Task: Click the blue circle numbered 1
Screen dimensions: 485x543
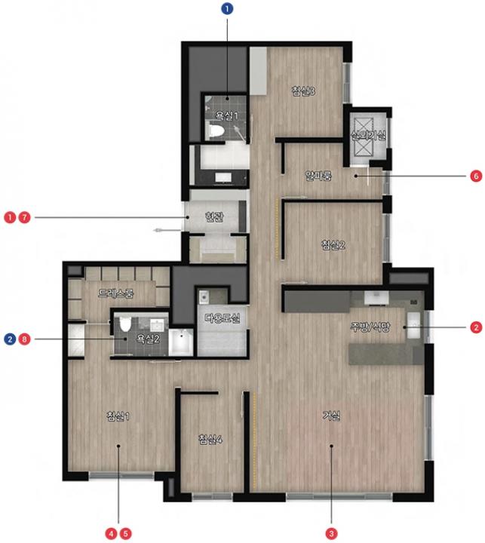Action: pyautogui.click(x=227, y=8)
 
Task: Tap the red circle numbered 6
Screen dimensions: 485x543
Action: pyautogui.click(x=476, y=176)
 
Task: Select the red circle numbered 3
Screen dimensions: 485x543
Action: pyautogui.click(x=331, y=533)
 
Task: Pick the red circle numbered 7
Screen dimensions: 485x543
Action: pyautogui.click(x=24, y=217)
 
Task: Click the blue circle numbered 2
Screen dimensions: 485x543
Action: pyautogui.click(x=10, y=339)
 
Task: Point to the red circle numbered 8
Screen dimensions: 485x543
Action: pyautogui.click(x=24, y=339)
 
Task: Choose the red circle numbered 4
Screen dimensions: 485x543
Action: pyautogui.click(x=111, y=533)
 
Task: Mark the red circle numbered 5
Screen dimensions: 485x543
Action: pyautogui.click(x=125, y=533)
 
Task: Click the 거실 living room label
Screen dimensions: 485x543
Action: pyautogui.click(x=332, y=416)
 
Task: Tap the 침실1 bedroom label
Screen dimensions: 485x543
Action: pyautogui.click(x=118, y=416)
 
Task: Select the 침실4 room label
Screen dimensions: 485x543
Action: pyautogui.click(x=210, y=439)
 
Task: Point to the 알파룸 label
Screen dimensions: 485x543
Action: pyautogui.click(x=318, y=176)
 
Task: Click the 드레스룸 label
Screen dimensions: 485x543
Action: pyautogui.click(x=115, y=293)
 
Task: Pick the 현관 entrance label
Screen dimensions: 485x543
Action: pyautogui.click(x=214, y=217)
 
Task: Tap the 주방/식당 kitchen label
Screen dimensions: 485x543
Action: pyautogui.click(x=370, y=327)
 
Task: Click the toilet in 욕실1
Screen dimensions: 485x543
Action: pyautogui.click(x=215, y=131)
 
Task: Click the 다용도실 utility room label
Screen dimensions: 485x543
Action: pyautogui.click(x=222, y=318)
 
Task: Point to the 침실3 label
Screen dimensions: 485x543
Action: pyautogui.click(x=303, y=91)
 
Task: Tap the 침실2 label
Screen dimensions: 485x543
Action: pyautogui.click(x=333, y=245)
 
